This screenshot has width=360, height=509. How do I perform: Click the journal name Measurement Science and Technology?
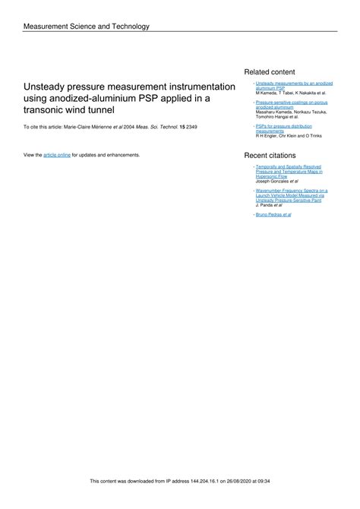(x=87, y=27)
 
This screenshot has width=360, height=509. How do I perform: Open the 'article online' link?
(x=57, y=154)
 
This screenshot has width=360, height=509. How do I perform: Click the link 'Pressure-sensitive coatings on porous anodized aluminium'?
(x=291, y=104)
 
